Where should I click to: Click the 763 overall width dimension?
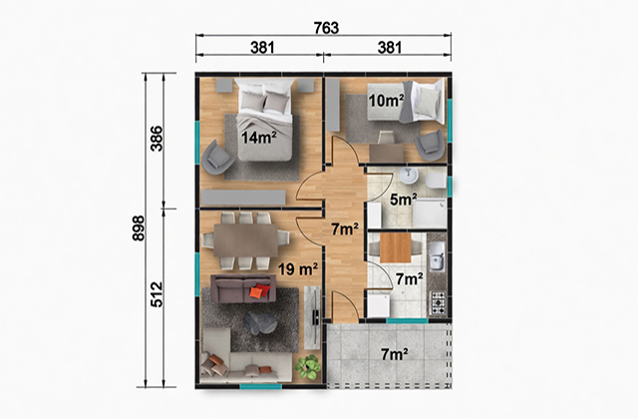point(326,28)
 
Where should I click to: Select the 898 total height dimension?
point(139,228)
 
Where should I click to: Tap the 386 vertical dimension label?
point(157,139)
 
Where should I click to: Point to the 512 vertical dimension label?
point(157,294)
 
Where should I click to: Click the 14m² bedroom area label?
point(259,138)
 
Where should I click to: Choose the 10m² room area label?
point(386,100)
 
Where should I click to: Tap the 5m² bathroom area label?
point(403,200)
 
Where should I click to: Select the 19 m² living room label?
point(298,268)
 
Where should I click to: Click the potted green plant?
point(308,366)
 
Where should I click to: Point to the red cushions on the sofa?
point(260,290)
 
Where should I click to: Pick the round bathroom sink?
point(409,176)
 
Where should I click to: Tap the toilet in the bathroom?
point(437,181)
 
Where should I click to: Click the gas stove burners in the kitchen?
point(439,303)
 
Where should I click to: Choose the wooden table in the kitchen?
point(396,247)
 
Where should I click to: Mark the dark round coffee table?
point(260,323)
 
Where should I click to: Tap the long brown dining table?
point(246,239)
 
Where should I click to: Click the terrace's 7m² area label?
point(395,355)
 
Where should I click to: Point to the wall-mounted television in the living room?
point(315,317)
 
